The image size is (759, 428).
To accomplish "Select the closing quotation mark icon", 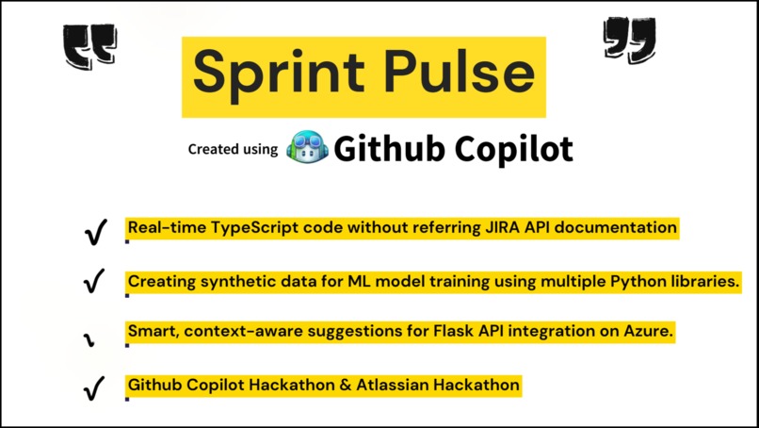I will (630, 41).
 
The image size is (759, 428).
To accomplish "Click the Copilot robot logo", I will (307, 148).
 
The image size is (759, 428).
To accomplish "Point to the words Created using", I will (233, 149).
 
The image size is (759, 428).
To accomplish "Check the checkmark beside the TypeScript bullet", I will (94, 233).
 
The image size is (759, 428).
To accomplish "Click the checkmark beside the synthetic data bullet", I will (94, 282).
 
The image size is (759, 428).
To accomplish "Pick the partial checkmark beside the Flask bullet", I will (93, 337).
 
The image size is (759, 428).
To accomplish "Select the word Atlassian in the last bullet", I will (398, 385).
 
